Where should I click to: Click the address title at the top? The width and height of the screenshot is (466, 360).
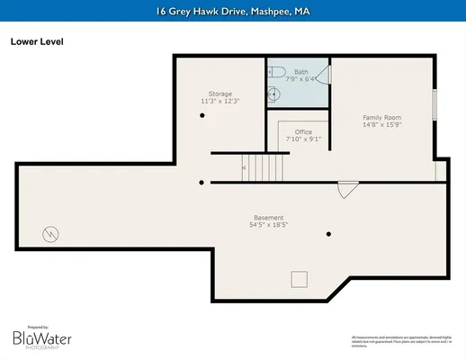pos(233,10)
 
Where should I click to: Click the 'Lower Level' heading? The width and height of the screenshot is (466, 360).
pos(37,40)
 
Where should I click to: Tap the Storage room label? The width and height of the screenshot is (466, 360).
pos(220,94)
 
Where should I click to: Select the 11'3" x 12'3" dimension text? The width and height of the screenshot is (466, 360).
pos(220,101)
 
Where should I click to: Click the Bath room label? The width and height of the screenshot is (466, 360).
pos(300,71)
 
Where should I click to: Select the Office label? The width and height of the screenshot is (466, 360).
pos(303,132)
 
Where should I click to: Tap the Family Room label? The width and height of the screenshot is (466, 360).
pos(381,118)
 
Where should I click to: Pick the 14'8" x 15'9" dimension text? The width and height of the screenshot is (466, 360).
pos(381,125)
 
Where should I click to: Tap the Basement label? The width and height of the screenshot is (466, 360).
pos(268,218)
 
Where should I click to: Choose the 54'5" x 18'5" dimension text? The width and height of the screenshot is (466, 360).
pos(268,225)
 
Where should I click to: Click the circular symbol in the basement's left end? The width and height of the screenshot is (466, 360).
pos(51,234)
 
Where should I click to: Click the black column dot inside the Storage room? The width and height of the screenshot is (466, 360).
pos(202,115)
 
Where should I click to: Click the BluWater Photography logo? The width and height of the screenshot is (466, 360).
pos(42,338)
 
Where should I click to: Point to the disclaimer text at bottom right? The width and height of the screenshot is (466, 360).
pos(401,339)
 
